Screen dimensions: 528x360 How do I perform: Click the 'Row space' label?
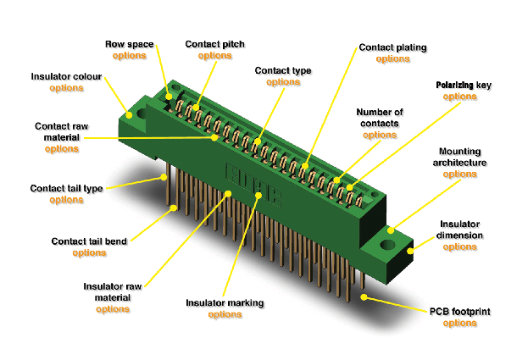130,44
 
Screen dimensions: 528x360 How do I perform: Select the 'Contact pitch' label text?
214,44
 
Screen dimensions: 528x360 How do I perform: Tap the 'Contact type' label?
283,70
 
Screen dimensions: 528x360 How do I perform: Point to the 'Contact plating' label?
392,47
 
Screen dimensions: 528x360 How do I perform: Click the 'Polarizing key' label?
464,85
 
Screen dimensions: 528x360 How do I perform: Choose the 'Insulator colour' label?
66,77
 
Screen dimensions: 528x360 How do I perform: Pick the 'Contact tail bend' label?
89,241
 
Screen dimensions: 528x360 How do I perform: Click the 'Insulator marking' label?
225,302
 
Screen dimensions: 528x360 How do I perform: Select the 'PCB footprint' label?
460,312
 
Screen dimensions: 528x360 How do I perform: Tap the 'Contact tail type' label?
67,188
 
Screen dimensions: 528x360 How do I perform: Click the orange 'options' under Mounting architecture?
459,174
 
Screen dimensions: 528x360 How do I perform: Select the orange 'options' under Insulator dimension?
459,247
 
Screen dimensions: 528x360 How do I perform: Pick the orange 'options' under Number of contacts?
380,135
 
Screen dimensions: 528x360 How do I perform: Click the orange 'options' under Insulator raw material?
113,309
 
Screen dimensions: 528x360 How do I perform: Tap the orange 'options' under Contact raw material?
62,149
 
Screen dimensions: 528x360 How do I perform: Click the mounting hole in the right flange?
387,245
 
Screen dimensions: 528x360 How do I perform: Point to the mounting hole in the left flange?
142,114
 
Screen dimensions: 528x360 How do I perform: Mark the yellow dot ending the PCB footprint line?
364,297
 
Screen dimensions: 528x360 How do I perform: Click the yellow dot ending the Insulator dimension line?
410,251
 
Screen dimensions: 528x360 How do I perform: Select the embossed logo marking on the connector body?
253,185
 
